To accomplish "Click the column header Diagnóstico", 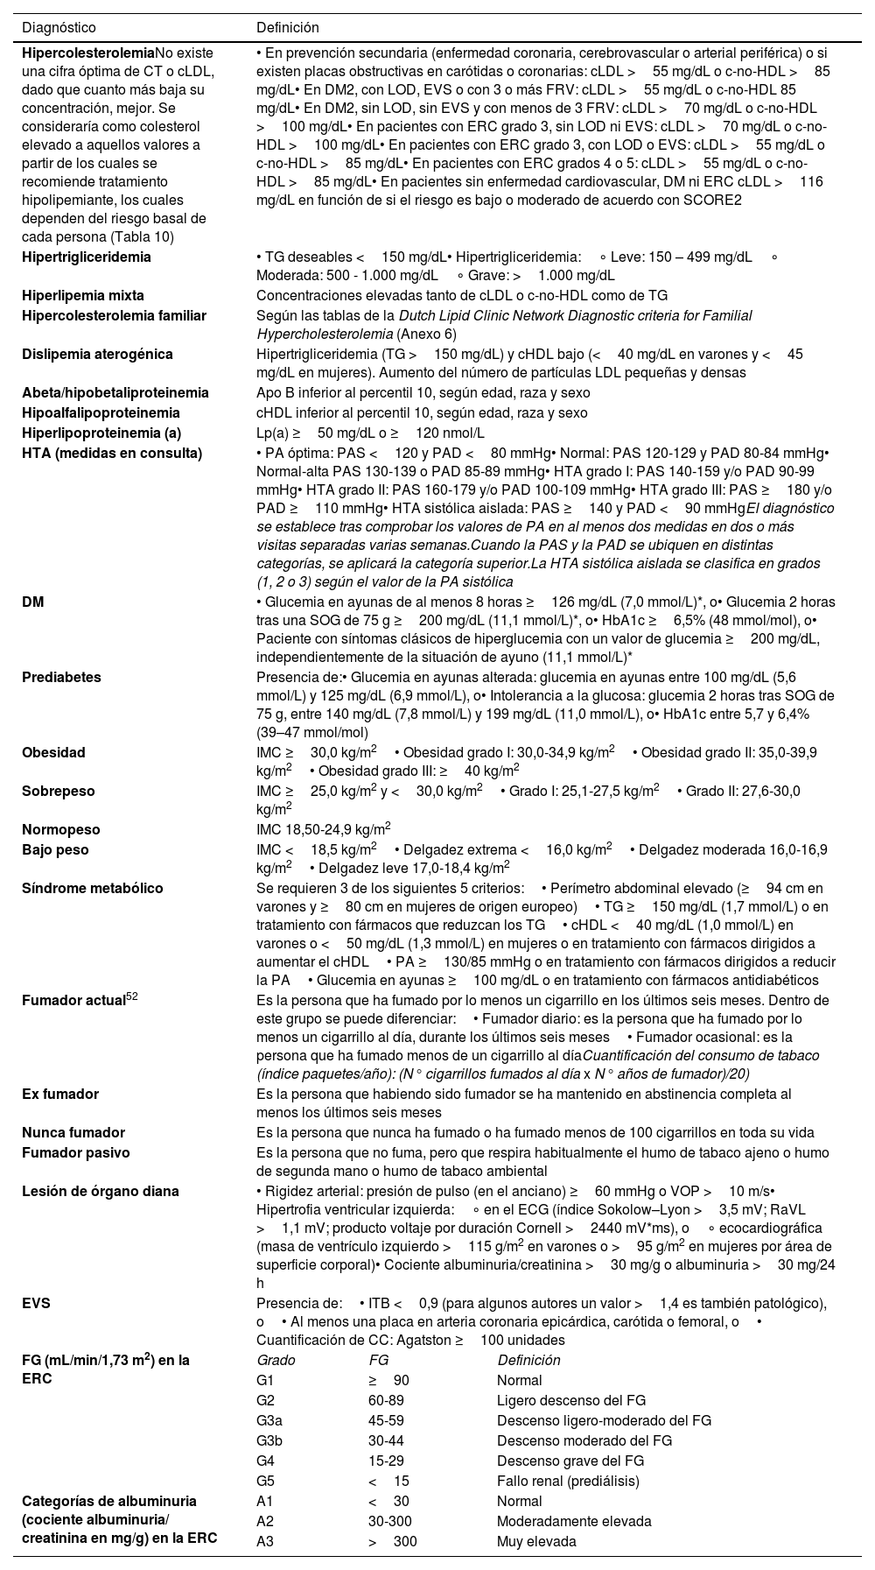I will (59, 28).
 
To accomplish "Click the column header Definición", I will (287, 28).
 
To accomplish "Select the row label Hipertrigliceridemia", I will (86, 257).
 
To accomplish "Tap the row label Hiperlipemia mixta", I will (83, 296).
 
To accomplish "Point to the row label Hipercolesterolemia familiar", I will (114, 316).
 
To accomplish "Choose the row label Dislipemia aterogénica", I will (97, 355).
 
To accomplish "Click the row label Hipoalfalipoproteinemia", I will (101, 413).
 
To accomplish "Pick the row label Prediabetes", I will (61, 678).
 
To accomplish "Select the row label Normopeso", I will (61, 829).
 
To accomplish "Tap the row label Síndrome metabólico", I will (92, 889).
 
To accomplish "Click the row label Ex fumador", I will (60, 1094).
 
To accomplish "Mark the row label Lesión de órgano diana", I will (100, 1191).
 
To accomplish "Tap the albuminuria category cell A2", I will (265, 1521).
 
